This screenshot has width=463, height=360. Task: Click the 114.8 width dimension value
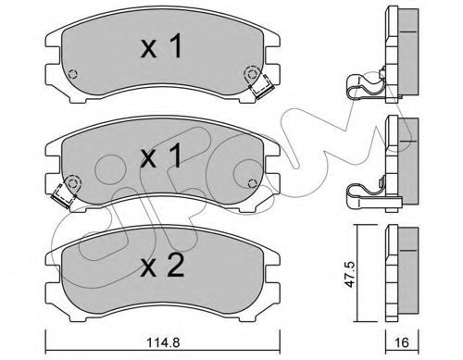click(x=162, y=342)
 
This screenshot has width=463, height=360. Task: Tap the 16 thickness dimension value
click(x=401, y=342)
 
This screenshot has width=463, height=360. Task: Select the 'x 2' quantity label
click(x=162, y=265)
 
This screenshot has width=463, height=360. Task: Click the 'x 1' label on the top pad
click(x=161, y=46)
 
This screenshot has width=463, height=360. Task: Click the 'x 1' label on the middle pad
click(x=161, y=156)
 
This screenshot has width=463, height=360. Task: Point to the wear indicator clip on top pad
click(x=262, y=87)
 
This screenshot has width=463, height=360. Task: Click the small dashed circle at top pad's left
click(x=73, y=74)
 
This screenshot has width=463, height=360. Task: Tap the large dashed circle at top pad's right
click(x=252, y=74)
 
